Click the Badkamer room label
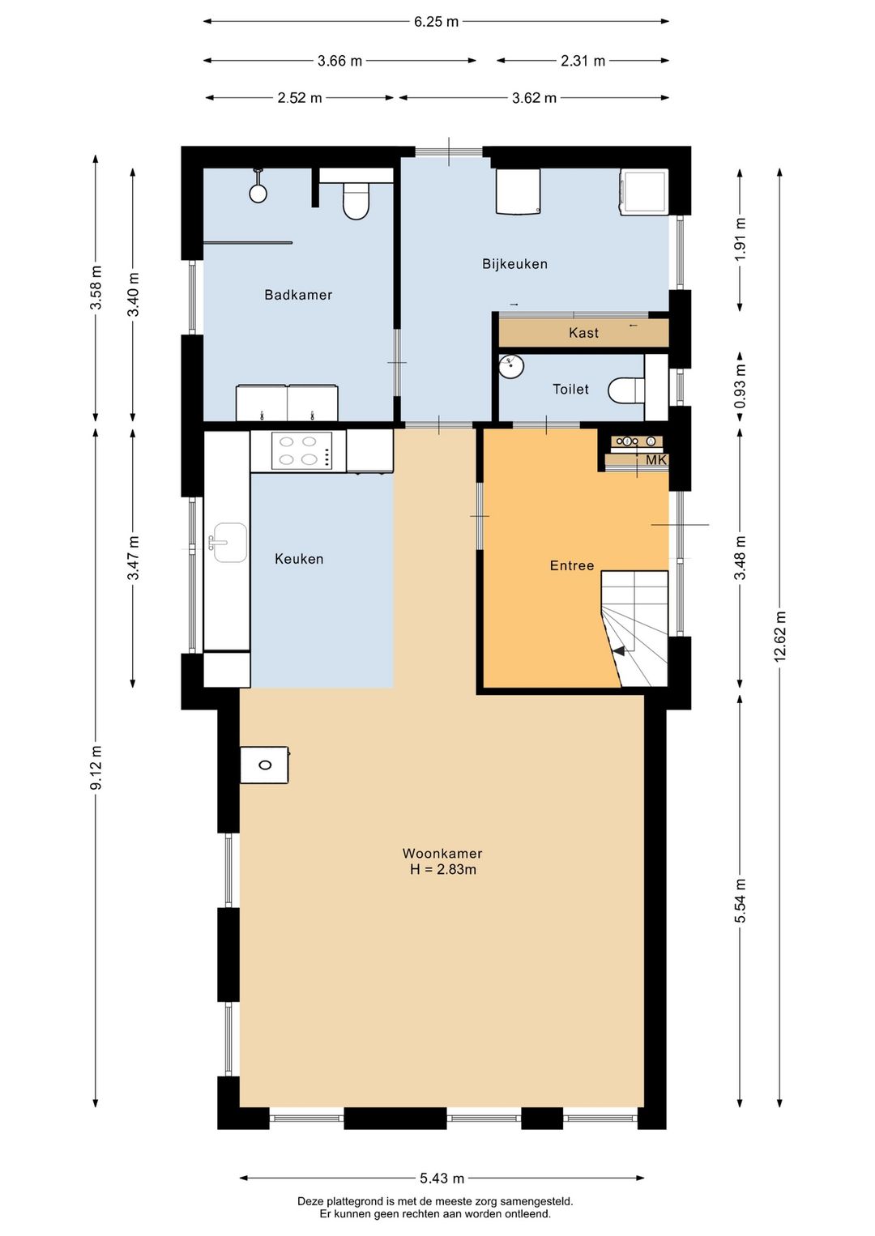tap(298, 295)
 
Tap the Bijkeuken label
tap(514, 264)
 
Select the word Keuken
tap(299, 559)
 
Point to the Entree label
tap(572, 565)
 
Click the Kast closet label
tap(583, 333)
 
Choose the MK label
tap(656, 460)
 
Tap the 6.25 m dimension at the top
tap(436, 22)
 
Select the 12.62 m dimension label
tap(779, 636)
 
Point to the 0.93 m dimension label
tap(740, 386)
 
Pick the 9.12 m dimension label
tap(96, 767)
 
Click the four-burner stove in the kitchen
tap(301, 451)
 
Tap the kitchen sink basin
tap(229, 543)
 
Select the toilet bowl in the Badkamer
tap(356, 202)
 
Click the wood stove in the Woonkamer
tap(264, 765)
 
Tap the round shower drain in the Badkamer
tap(258, 193)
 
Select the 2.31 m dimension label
tap(583, 61)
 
